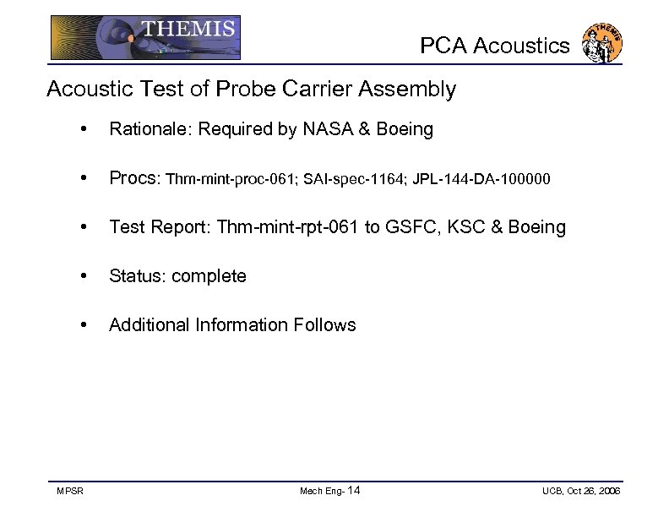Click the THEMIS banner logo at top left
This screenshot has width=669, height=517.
[145, 37]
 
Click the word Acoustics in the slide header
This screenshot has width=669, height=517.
[521, 46]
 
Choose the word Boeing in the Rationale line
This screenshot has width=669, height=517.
[405, 129]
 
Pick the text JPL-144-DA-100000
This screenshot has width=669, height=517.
[481, 179]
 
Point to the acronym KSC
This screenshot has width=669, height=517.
[467, 227]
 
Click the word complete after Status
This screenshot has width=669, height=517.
[209, 276]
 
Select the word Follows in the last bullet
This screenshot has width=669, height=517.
[324, 325]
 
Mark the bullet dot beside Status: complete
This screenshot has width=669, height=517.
[83, 277]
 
